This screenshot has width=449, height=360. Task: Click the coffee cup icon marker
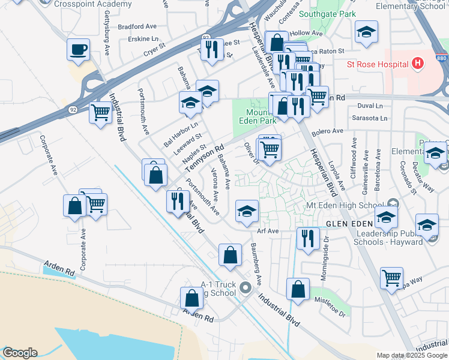click(78, 50)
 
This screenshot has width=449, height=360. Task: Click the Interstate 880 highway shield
click(442, 58)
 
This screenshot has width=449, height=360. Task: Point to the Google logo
click(20, 353)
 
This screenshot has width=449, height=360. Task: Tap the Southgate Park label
click(328, 14)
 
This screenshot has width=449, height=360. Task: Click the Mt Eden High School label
click(345, 205)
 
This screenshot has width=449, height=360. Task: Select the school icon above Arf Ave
click(247, 211)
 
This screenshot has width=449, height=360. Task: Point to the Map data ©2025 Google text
click(412, 355)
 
